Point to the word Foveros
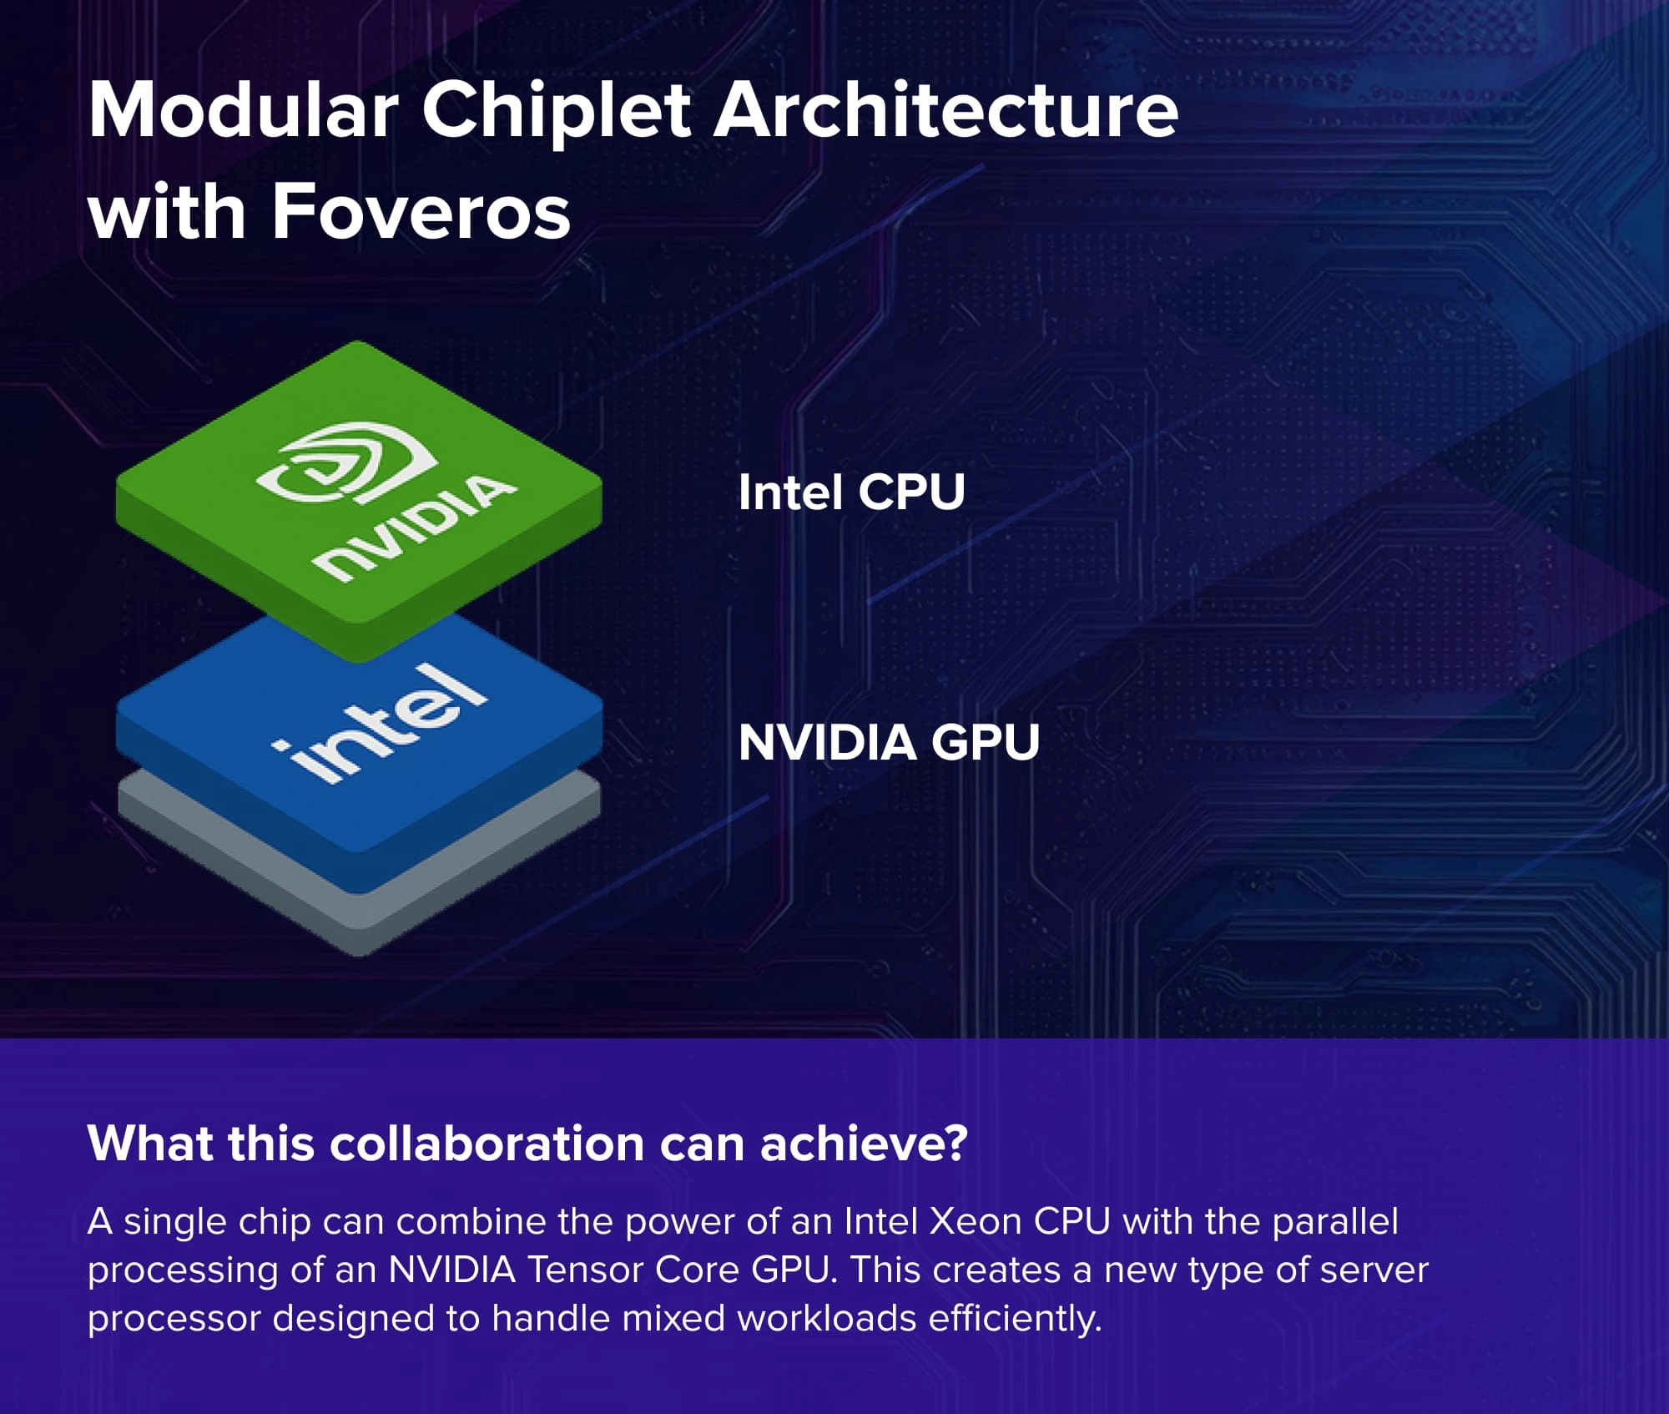(x=421, y=212)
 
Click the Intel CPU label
(x=851, y=492)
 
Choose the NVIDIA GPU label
(x=889, y=742)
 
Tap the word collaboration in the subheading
(x=487, y=1143)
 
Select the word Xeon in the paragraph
(x=976, y=1221)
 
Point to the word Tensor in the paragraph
(x=585, y=1270)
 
